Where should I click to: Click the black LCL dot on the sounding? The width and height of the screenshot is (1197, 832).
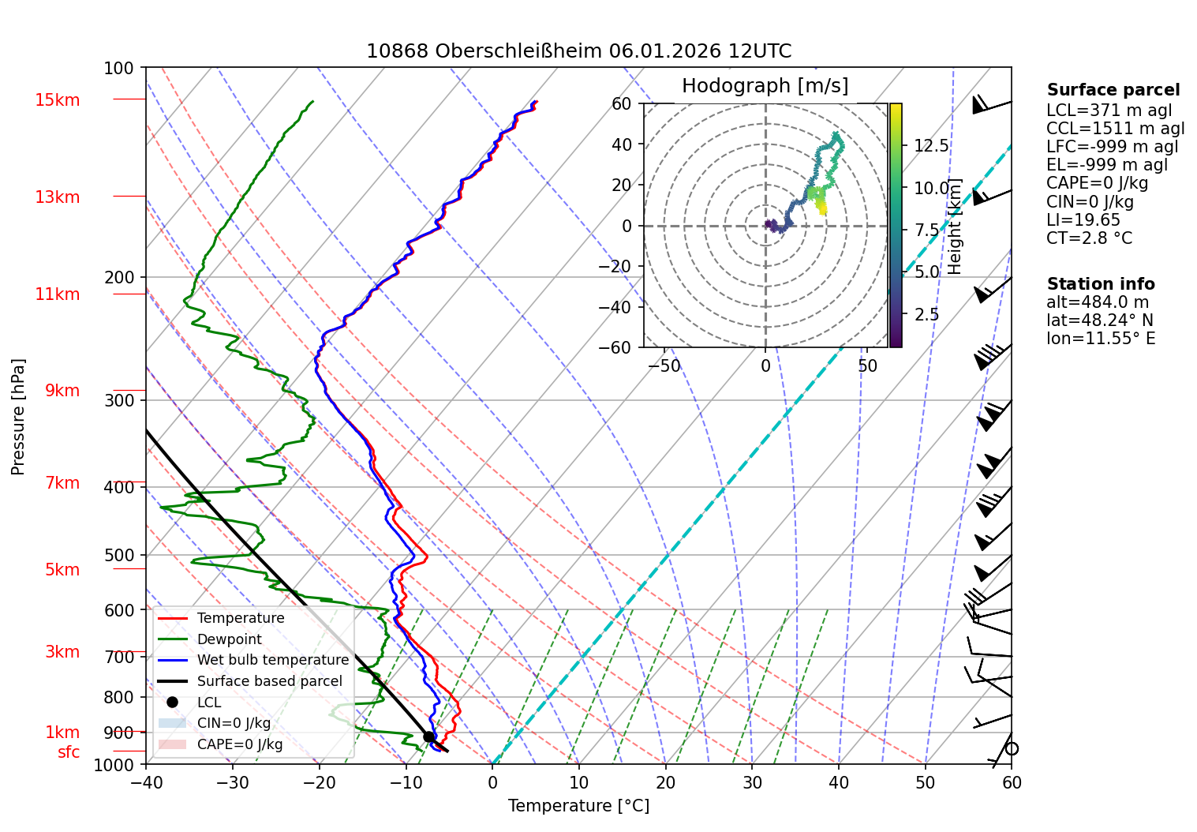point(428,736)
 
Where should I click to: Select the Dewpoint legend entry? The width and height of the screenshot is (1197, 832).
point(229,639)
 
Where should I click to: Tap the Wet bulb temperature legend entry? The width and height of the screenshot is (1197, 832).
point(272,660)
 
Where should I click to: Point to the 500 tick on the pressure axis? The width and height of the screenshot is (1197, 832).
point(119,556)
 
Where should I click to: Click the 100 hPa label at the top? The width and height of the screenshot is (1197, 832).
point(119,69)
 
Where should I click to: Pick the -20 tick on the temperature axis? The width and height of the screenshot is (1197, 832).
point(320,782)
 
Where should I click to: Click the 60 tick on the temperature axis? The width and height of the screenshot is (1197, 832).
point(1012,782)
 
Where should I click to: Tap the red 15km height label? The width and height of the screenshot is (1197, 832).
point(57,100)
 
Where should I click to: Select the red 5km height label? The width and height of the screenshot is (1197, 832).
point(62,570)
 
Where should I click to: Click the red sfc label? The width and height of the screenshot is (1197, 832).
point(69,752)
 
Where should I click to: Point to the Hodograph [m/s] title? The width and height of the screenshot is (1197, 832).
point(765,86)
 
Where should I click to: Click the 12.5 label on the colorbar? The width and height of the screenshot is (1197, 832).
point(931,146)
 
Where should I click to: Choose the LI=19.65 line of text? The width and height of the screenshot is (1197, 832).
point(1083,220)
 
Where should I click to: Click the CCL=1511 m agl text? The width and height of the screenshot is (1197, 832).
point(1115,129)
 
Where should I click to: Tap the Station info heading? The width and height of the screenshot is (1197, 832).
point(1101,284)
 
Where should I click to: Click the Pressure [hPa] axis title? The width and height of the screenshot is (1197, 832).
point(18,417)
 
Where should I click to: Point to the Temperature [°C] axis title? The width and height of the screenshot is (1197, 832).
point(578,806)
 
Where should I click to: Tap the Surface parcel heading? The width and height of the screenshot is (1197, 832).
point(1113,90)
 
